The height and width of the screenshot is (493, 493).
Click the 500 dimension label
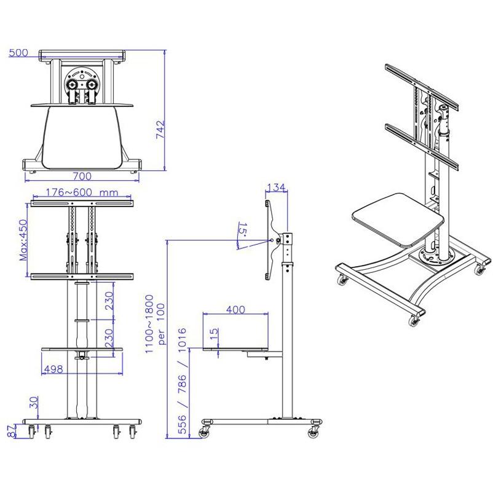pos(18,53)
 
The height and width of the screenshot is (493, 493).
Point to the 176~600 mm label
pos(82,192)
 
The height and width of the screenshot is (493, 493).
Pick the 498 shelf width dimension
pos(54,369)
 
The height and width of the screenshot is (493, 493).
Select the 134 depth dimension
pos(277,187)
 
